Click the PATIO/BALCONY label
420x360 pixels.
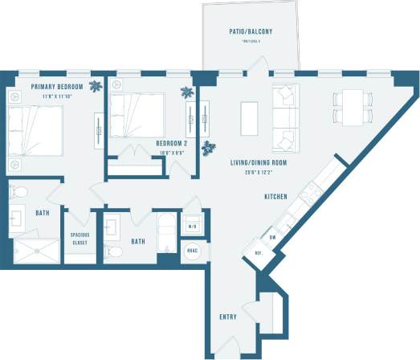click(x=251, y=32)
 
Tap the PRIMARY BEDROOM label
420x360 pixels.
click(x=58, y=86)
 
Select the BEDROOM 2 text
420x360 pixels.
click(x=172, y=143)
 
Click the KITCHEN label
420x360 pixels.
click(x=277, y=196)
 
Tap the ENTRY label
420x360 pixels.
click(x=227, y=317)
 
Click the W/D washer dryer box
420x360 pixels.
click(x=193, y=226)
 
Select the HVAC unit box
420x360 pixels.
click(x=193, y=250)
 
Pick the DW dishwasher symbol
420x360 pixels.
click(x=272, y=237)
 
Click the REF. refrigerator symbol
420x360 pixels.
click(x=259, y=252)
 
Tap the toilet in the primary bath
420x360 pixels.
click(x=19, y=193)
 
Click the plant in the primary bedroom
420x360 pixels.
click(x=96, y=85)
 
